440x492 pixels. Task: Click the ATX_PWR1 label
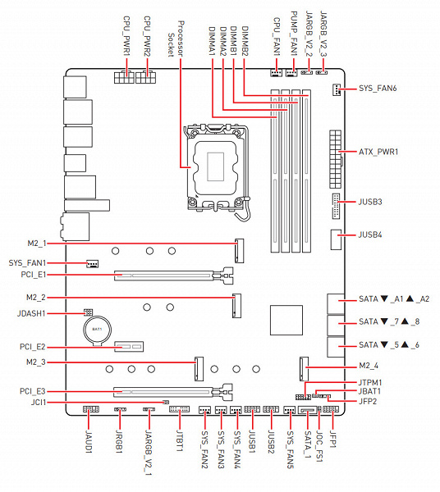tap(378, 152)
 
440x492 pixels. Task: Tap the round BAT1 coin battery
tap(97, 330)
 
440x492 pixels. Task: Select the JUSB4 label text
tap(370, 235)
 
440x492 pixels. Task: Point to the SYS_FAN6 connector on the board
tap(336, 89)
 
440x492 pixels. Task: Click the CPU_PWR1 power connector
tap(124, 77)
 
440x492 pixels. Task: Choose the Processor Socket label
tap(176, 39)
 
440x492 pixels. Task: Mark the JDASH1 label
tap(31, 313)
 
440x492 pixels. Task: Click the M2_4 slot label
tap(369, 366)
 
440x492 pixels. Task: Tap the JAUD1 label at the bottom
tap(89, 442)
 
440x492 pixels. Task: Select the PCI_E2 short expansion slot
tap(129, 346)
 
